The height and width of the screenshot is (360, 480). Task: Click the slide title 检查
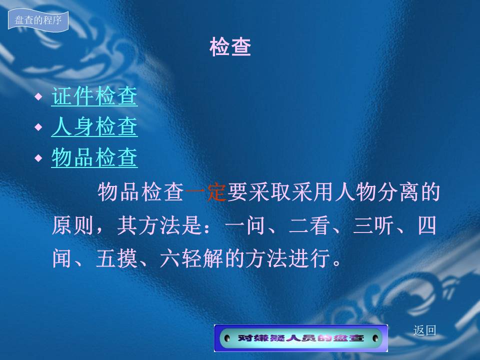(x=230, y=47)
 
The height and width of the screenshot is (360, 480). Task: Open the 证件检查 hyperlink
(x=94, y=96)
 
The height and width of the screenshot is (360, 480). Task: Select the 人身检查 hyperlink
(x=94, y=126)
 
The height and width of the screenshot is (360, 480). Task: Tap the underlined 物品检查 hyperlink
(x=94, y=157)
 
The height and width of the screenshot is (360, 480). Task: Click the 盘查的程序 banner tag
(x=38, y=20)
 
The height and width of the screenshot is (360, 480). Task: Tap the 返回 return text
(x=424, y=330)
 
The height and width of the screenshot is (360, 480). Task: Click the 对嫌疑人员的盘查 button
(x=301, y=338)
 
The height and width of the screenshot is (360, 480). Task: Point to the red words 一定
(x=205, y=192)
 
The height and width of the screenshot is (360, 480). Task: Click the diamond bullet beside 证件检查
(x=38, y=96)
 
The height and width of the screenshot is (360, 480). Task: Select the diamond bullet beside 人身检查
(x=38, y=127)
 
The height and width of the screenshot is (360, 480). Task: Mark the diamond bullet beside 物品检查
(x=38, y=158)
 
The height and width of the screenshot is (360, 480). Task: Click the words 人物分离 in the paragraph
(x=377, y=192)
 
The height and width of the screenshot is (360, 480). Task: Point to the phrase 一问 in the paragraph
(x=245, y=225)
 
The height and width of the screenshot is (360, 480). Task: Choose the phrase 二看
(x=309, y=225)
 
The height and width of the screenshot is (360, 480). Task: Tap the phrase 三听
(x=373, y=225)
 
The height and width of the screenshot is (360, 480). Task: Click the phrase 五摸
(x=116, y=258)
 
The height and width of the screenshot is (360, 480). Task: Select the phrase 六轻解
(x=192, y=258)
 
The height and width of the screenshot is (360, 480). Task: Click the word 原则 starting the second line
(x=72, y=225)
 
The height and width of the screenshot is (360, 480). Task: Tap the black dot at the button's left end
(x=227, y=338)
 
